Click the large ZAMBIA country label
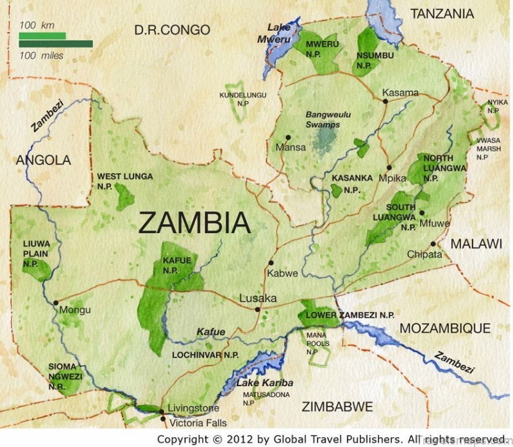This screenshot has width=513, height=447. tap(194, 223)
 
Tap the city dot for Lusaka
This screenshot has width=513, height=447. tap(258, 310)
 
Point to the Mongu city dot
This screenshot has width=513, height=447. tap(56, 303)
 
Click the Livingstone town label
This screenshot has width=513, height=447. tap(193, 408)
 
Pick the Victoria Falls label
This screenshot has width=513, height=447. tap(198, 423)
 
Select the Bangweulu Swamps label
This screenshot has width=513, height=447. tap(323, 119)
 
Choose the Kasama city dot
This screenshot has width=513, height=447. tap(385, 100)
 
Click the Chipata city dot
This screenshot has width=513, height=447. tap(433, 243)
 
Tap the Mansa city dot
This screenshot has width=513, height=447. tap(289, 137)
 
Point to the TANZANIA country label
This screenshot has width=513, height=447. tap(442, 13)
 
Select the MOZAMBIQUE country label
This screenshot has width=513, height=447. tap(445, 329)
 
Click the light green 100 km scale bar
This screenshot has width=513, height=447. tap(42, 35)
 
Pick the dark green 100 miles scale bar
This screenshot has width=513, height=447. tap(56, 44)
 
